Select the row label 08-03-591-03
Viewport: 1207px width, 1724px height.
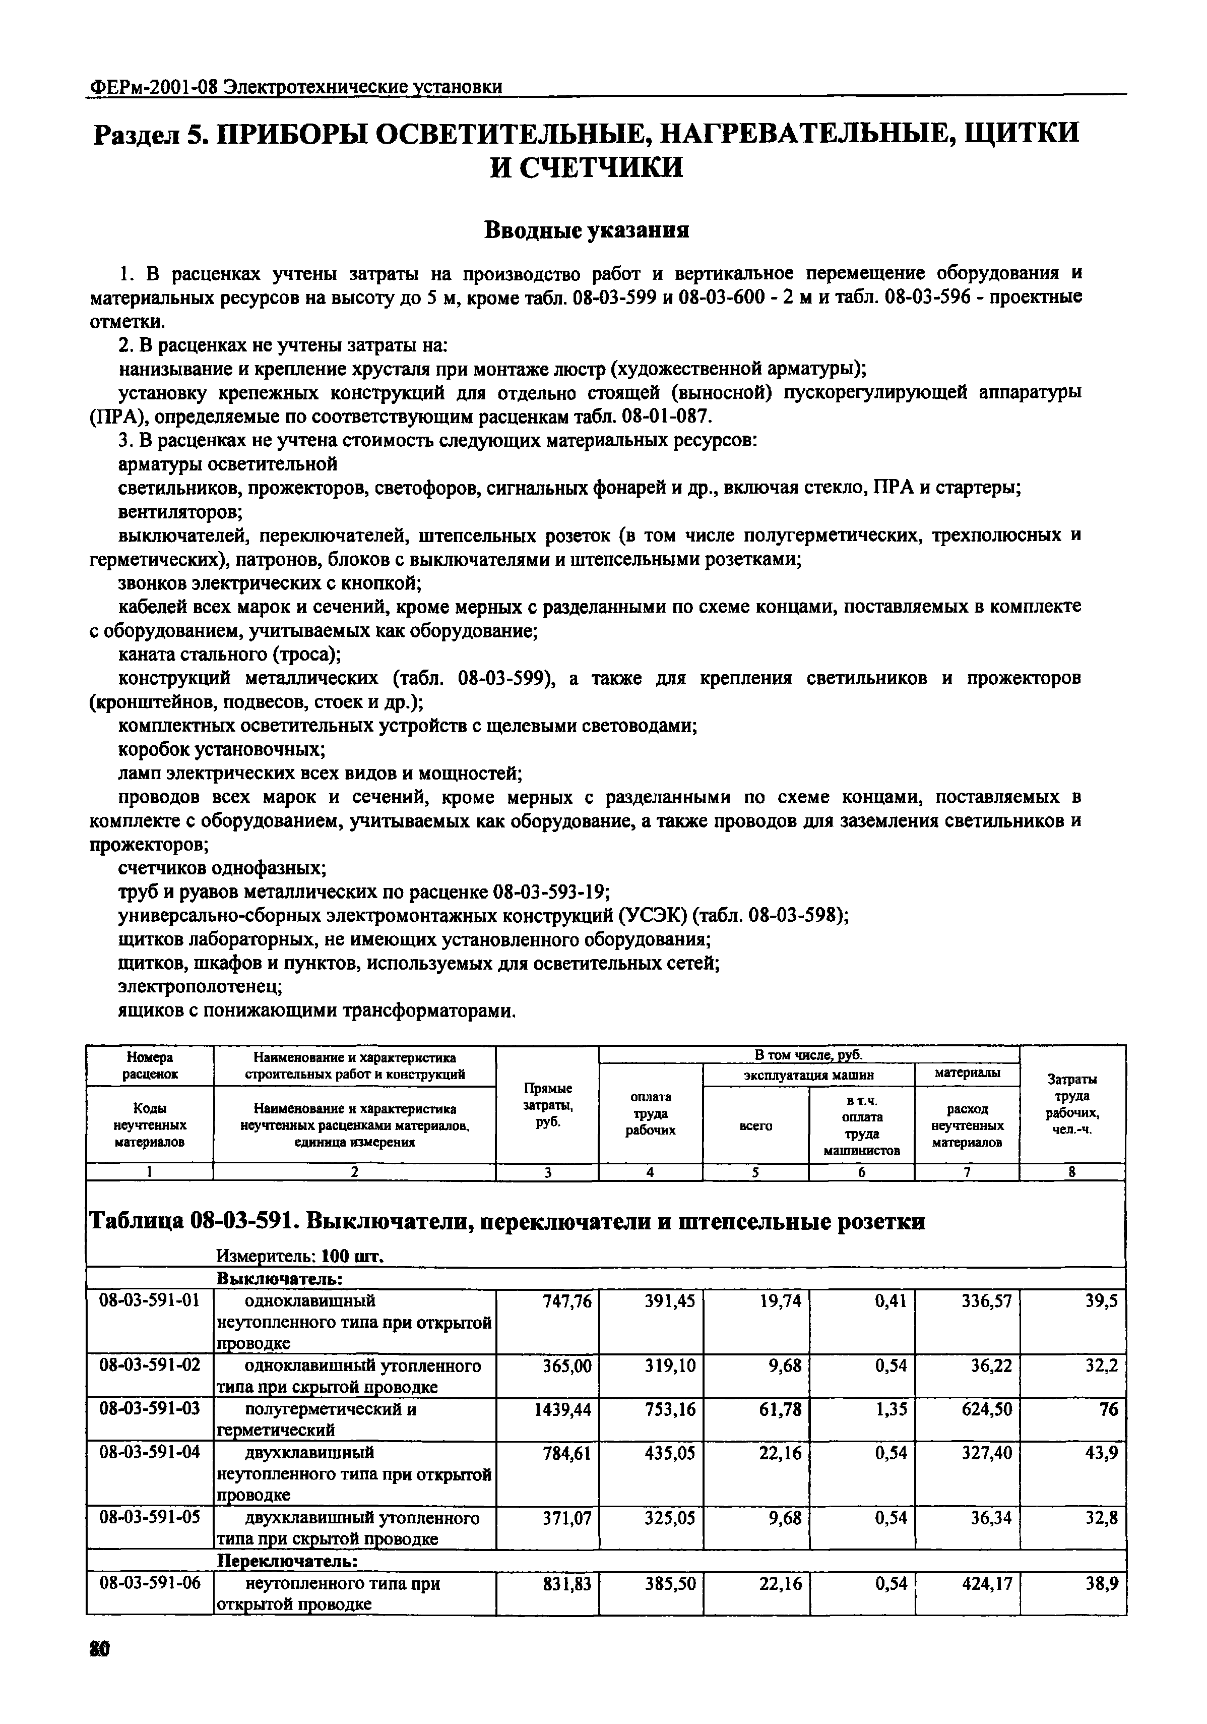click(149, 1409)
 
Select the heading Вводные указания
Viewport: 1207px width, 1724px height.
click(586, 229)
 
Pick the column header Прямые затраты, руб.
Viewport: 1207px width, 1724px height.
click(547, 1104)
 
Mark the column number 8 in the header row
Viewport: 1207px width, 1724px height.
click(1072, 1171)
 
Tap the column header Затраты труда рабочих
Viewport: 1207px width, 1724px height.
click(1072, 1104)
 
